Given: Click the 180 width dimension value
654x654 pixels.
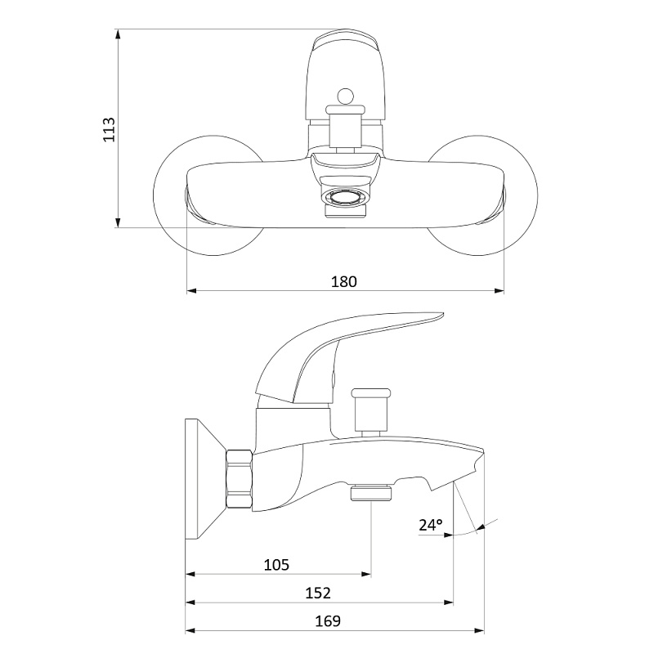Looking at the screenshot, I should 344,281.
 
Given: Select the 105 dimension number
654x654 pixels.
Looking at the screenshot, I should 278,565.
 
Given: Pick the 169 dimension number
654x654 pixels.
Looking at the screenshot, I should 328,620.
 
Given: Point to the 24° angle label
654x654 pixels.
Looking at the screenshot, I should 431,526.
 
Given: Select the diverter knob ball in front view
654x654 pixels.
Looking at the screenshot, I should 344,97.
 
